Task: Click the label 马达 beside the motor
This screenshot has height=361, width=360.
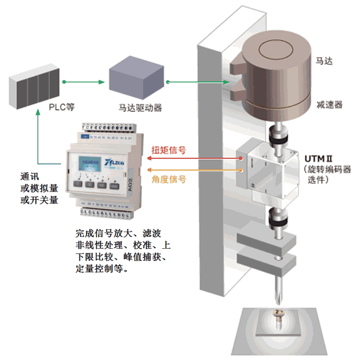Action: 324,62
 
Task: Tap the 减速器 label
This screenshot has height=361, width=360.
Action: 328,104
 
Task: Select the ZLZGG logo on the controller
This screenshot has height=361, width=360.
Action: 115,160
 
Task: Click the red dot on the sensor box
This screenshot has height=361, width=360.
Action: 241,159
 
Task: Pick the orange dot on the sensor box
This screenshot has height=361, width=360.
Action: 241,171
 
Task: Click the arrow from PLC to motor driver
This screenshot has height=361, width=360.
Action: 82,82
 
